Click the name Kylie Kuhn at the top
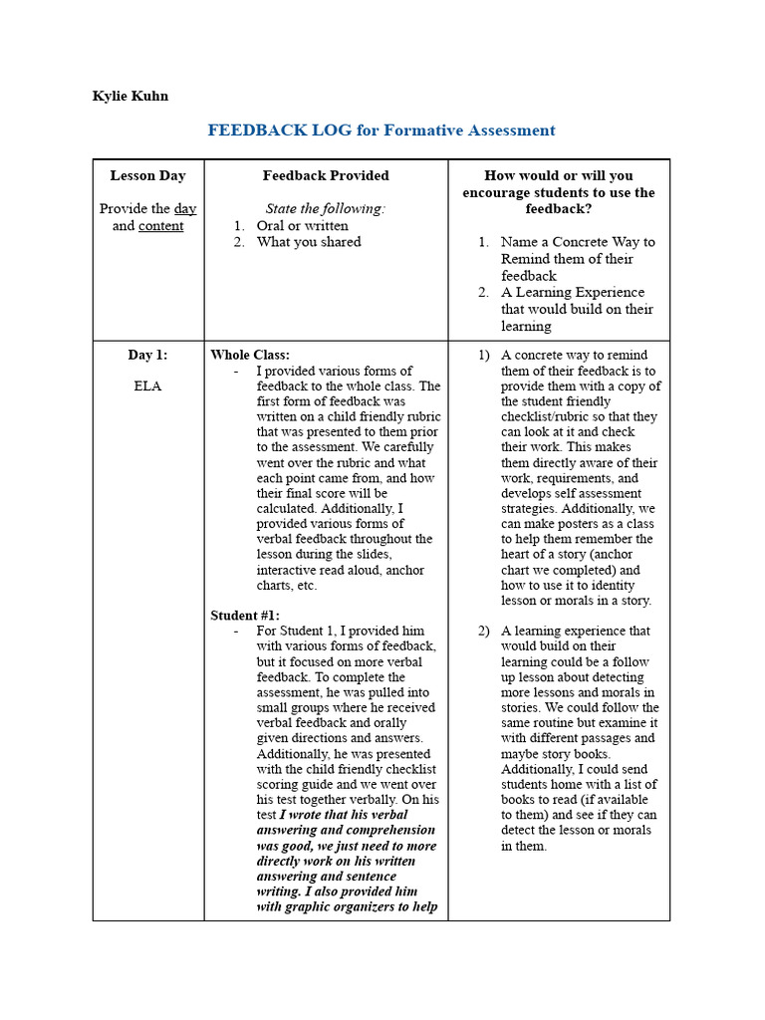130,97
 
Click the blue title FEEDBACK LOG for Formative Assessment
381,130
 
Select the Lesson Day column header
147,175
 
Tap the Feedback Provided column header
326,175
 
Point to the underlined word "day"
185,209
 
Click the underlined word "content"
160,226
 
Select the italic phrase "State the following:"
325,209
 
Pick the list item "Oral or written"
302,226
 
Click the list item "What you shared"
309,242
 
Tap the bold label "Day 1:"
147,355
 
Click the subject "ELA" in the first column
147,385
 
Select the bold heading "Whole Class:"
250,355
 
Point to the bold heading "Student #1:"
245,616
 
